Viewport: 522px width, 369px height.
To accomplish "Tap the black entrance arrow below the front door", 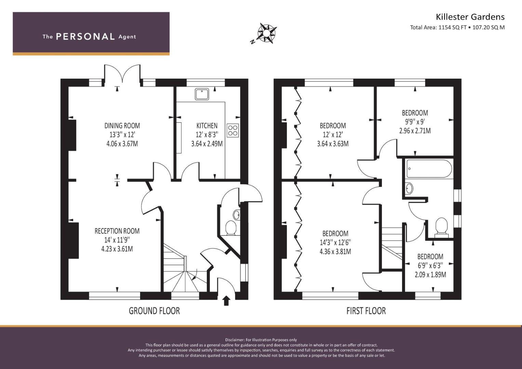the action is [x=227, y=301].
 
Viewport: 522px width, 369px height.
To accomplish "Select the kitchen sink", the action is [x=202, y=94].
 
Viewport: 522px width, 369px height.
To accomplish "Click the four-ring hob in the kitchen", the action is [x=232, y=131].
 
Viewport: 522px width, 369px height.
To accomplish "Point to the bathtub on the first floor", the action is [x=429, y=168].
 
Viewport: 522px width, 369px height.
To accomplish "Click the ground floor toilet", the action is [x=231, y=228].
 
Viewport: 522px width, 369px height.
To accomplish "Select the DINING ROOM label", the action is [x=122, y=126].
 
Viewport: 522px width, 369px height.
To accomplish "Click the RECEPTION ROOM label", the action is [x=117, y=231].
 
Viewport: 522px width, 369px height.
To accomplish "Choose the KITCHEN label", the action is [x=207, y=126].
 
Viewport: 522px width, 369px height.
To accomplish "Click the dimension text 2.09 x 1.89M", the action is [x=430, y=275].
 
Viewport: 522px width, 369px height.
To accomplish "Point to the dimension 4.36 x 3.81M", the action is [x=335, y=251].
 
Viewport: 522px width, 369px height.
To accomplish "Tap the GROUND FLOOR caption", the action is [x=154, y=311].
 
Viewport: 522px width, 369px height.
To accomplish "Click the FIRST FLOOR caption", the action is [x=366, y=311].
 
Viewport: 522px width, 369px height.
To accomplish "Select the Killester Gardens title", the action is [x=470, y=17].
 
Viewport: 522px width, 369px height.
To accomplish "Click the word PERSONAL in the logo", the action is [x=85, y=37].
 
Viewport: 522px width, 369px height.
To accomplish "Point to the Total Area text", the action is [x=457, y=27].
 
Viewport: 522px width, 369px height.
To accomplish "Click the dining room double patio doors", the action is [x=122, y=74].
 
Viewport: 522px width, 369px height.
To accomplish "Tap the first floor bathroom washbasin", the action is [x=409, y=188].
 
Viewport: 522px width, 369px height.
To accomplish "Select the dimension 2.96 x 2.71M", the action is [x=415, y=131].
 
